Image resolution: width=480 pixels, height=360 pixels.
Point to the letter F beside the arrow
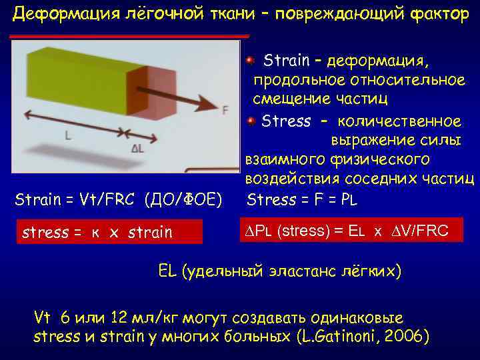point(225,109)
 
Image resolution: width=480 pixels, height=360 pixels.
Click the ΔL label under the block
point(137,148)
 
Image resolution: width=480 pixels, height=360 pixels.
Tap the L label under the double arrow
point(68,135)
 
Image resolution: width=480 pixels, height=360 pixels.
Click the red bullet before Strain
point(249,61)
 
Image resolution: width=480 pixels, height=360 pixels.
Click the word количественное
point(399,121)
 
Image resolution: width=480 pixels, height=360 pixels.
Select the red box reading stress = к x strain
point(107,232)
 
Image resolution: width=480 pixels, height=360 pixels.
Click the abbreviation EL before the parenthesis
point(167,271)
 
